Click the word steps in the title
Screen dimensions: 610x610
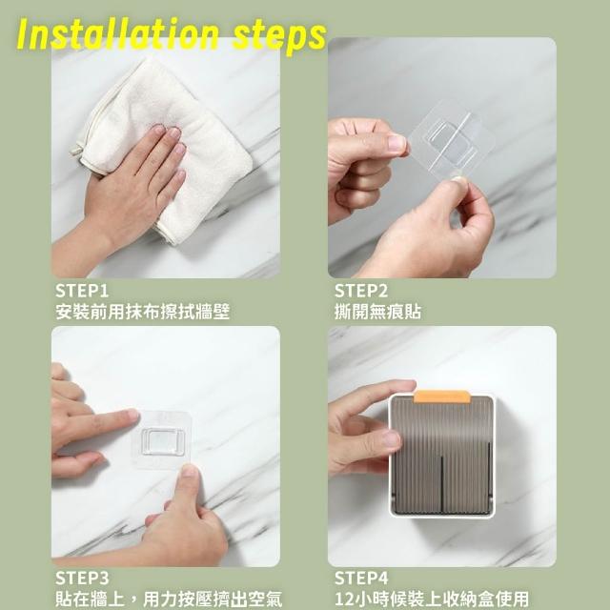click(x=279, y=37)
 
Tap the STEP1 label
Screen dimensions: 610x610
click(x=82, y=291)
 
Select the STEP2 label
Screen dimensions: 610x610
click(x=361, y=291)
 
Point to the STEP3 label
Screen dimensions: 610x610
click(x=82, y=579)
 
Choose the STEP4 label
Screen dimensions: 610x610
click(x=361, y=579)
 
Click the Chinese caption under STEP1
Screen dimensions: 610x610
click(x=142, y=312)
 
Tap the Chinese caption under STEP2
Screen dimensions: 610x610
click(x=377, y=312)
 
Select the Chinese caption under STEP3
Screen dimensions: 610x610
click(x=169, y=600)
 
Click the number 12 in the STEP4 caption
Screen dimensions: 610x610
click(x=343, y=600)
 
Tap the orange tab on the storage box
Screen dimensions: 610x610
click(x=442, y=396)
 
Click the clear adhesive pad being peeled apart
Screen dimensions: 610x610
click(x=451, y=140)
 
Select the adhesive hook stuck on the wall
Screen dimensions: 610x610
click(x=162, y=440)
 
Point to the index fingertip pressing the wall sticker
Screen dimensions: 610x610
click(x=132, y=416)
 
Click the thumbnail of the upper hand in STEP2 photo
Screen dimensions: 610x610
click(x=396, y=143)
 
